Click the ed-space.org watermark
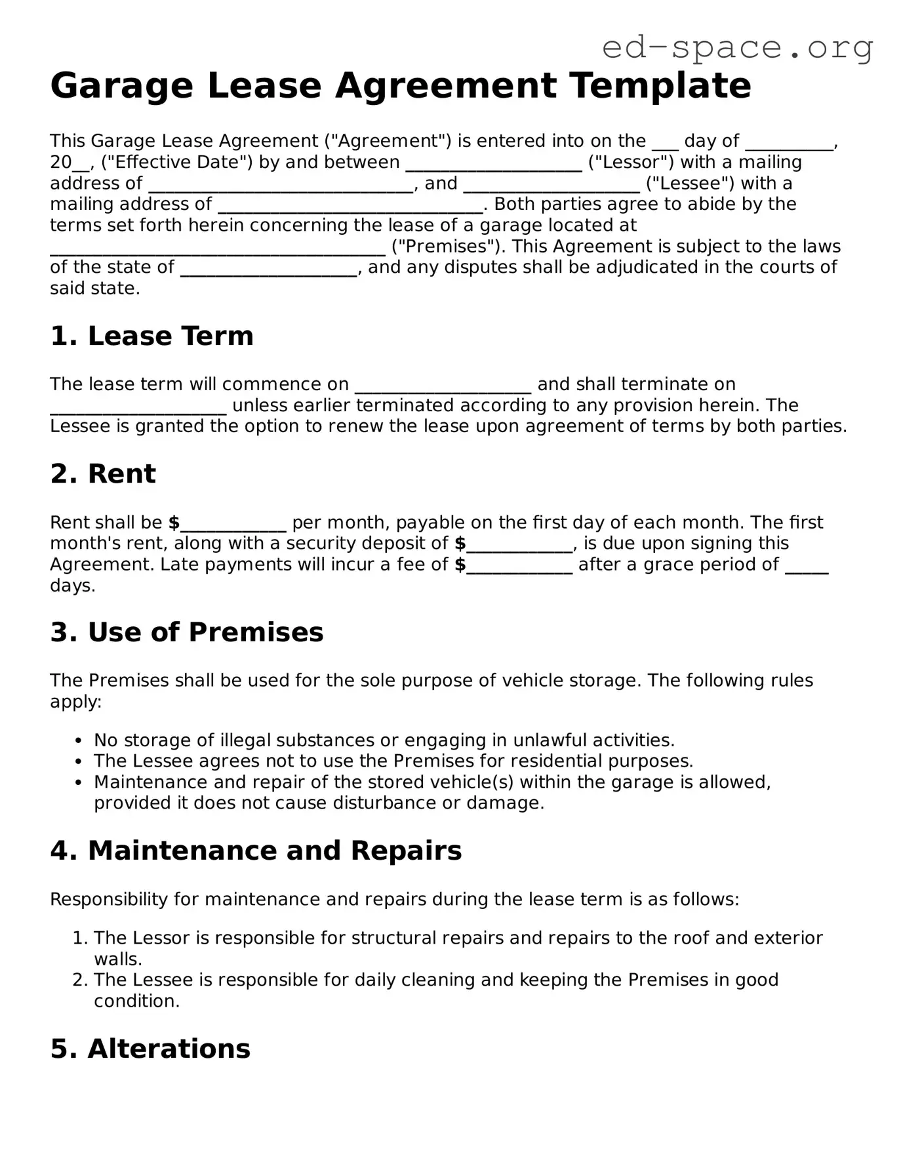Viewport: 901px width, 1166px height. click(737, 48)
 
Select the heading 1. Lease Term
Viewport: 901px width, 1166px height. click(151, 336)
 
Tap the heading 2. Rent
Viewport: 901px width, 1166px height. click(103, 473)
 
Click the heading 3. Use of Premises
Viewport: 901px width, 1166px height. click(186, 632)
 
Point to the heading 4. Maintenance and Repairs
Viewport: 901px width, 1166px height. click(256, 851)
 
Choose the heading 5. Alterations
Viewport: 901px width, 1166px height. click(150, 1049)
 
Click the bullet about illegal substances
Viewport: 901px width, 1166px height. click(384, 740)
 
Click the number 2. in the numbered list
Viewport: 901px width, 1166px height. click(81, 980)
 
